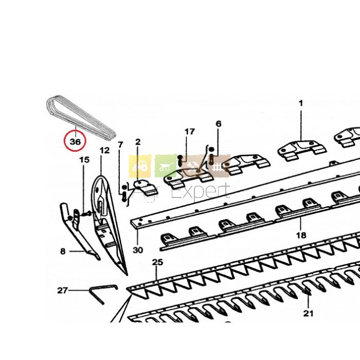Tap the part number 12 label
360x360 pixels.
pos(104,151)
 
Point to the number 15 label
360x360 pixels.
pos(84,159)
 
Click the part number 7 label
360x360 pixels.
pos(120,145)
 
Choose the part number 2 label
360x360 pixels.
pos(138,142)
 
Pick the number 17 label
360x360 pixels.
pos(190,132)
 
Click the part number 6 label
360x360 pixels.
pos(219,124)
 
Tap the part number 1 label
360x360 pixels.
pos(301,103)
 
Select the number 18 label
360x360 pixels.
pos(301,235)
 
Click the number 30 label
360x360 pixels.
pos(138,250)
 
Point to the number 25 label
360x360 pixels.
pos(157,262)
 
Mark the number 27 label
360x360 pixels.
pos(62,291)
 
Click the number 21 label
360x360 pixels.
pos(308,313)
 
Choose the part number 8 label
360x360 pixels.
pos(63,251)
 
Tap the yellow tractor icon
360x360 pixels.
pos(140,166)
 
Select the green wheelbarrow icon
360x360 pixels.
pos(166,166)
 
